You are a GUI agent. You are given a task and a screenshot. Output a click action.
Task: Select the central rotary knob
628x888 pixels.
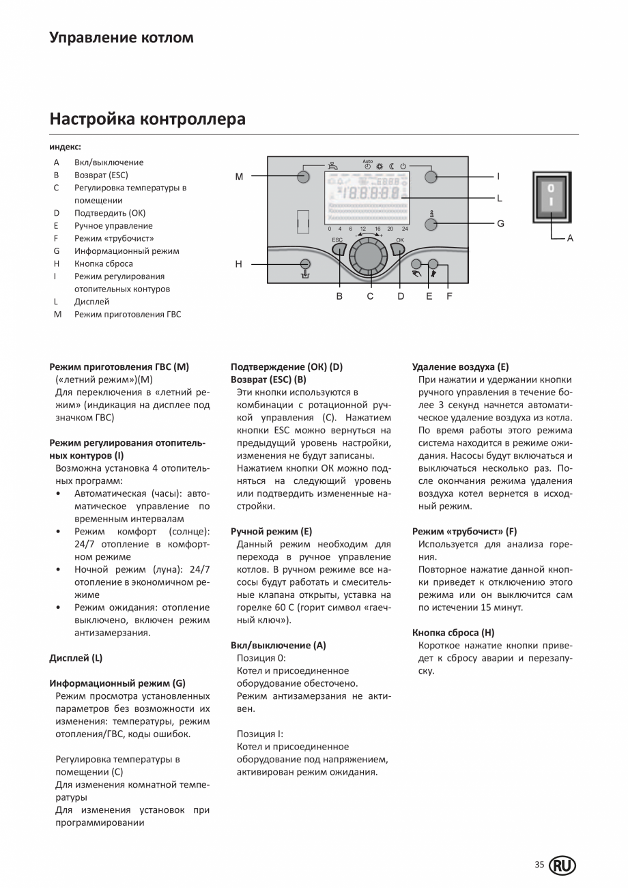click(369, 257)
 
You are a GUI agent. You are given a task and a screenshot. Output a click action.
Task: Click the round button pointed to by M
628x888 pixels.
click(305, 177)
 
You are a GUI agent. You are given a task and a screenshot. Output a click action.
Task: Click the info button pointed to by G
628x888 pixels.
click(431, 223)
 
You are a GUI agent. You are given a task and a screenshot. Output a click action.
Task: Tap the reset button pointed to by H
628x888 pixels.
click(305, 263)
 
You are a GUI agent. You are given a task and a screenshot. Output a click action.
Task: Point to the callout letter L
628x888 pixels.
click(500, 199)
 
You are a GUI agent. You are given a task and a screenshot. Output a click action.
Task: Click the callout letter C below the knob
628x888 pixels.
click(370, 296)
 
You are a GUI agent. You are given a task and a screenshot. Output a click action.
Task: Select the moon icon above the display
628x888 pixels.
click(392, 166)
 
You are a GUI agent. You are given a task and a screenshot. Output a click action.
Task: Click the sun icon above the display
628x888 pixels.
click(380, 166)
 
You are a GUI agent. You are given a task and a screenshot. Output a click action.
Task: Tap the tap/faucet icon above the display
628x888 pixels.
click(352, 165)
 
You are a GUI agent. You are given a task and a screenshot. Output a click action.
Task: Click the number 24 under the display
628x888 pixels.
click(405, 229)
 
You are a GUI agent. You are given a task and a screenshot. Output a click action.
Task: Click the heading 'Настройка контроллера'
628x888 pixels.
click(147, 119)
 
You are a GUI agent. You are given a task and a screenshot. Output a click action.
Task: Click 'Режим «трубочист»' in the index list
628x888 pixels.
click(114, 238)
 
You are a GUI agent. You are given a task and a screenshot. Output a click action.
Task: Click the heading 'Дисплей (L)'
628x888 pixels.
click(76, 658)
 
